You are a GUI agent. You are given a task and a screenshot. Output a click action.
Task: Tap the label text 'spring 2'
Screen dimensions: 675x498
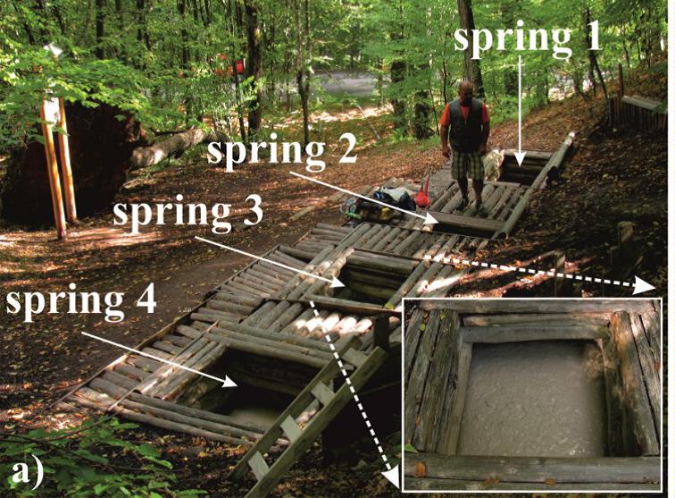281,151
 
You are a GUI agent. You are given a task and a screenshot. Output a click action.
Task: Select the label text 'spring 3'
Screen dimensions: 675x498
187,214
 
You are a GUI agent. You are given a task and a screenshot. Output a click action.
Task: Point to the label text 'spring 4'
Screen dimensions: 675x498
81,301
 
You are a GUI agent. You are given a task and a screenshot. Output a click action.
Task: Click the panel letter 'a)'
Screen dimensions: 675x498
28,473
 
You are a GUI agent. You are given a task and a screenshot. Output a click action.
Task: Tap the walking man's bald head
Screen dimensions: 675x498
466,89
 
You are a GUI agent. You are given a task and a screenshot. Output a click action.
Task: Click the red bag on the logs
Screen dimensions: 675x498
422,196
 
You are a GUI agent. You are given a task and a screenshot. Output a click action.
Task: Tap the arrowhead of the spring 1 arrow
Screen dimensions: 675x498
520,161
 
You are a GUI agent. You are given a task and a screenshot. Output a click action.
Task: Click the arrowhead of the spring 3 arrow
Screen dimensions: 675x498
337,283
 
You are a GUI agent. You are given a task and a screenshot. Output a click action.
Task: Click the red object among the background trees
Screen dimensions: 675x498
232,66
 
